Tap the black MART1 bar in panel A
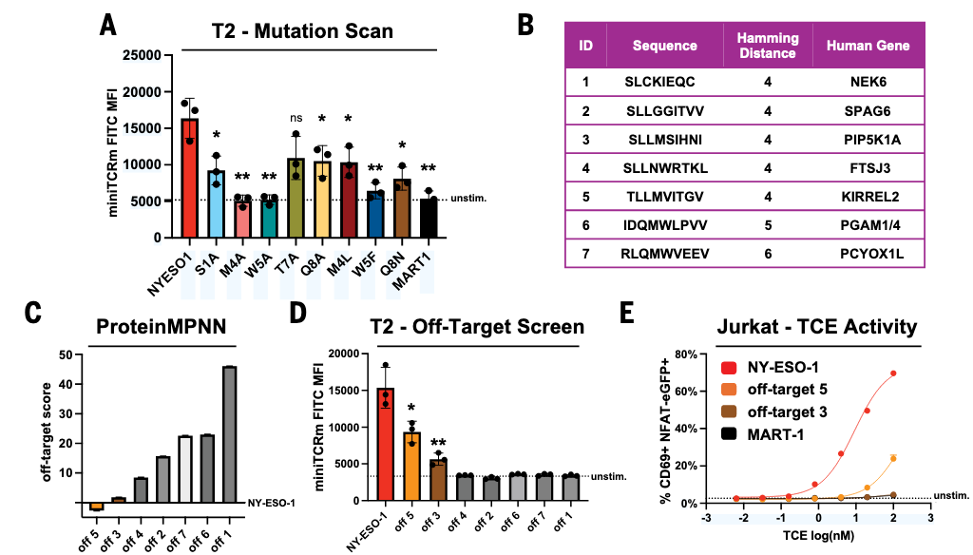(x=429, y=220)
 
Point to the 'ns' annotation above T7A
(x=296, y=119)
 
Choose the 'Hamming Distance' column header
(x=768, y=46)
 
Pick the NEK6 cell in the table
(x=868, y=83)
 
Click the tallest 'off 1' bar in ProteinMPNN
(x=228, y=433)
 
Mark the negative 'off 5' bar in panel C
(x=96, y=507)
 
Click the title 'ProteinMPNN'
(x=160, y=327)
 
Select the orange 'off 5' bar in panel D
(x=410, y=466)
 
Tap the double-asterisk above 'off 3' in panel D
(x=438, y=443)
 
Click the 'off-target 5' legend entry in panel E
(x=760, y=388)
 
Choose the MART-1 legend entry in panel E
(x=751, y=431)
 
